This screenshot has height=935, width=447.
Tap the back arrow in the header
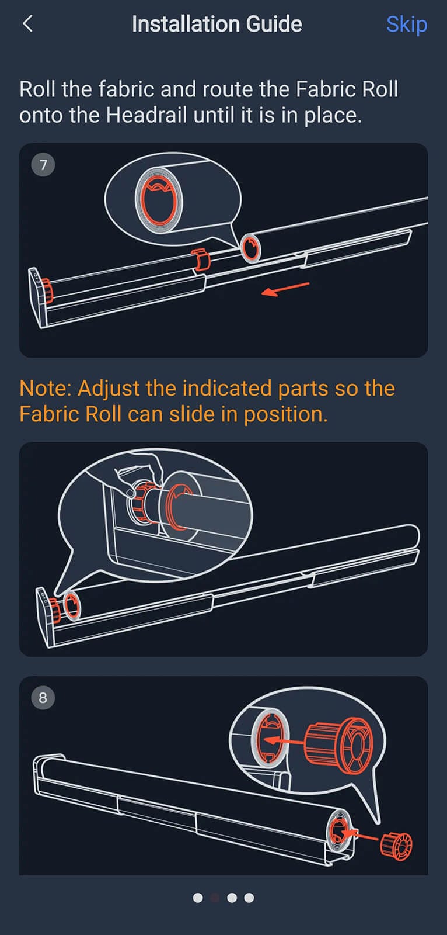(27, 24)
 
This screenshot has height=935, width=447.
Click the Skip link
(406, 25)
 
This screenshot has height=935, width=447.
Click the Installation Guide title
(216, 24)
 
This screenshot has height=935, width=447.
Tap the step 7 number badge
(43, 165)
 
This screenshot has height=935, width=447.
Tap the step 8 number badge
(43, 698)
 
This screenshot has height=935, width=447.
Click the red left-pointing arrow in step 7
(285, 289)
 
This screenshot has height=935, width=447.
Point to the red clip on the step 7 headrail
(201, 260)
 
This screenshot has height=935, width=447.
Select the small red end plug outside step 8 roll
(397, 846)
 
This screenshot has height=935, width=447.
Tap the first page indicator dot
(198, 898)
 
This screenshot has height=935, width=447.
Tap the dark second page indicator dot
(215, 898)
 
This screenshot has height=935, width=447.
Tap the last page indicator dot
(249, 898)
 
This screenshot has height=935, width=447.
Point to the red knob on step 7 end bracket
(46, 290)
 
